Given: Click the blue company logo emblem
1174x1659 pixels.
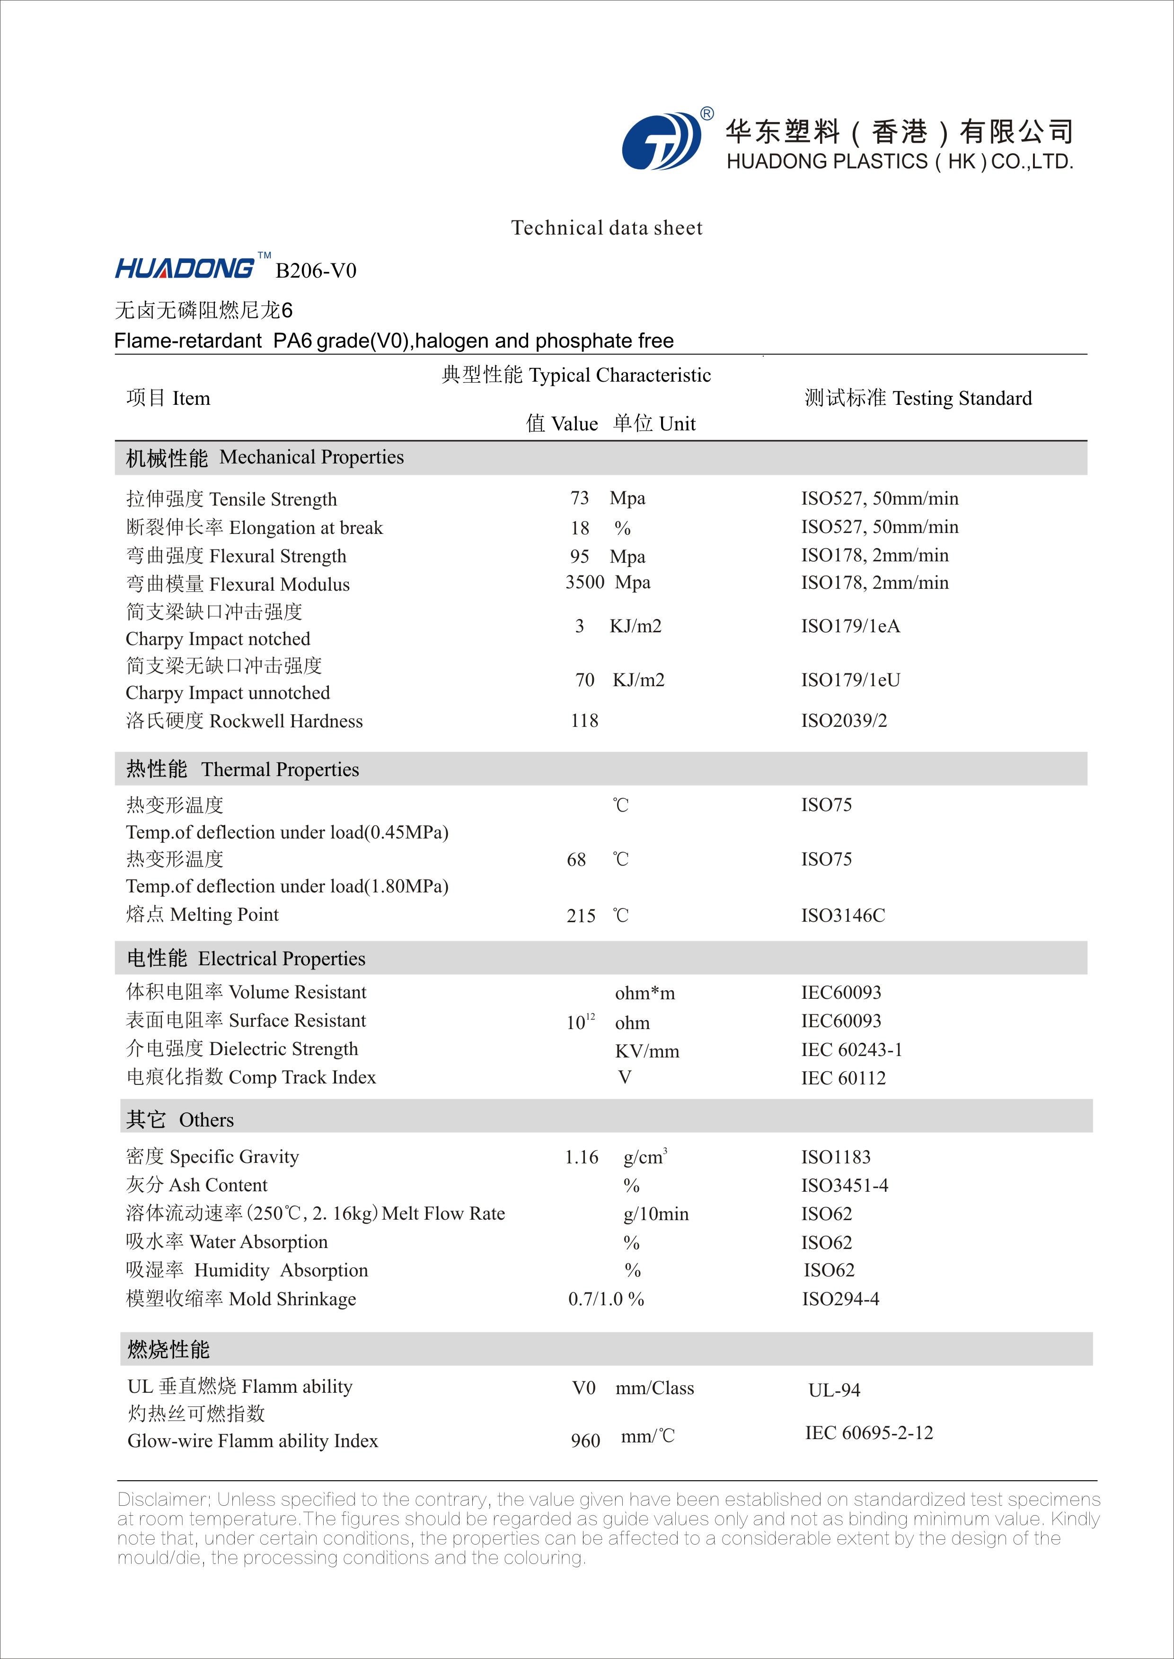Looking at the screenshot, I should (661, 141).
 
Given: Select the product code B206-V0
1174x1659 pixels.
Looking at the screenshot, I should (316, 271).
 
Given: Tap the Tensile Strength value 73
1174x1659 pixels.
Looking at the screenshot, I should (579, 498).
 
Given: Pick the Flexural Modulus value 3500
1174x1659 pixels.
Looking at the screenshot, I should (584, 582).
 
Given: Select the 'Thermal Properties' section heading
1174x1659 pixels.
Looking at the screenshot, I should (280, 769).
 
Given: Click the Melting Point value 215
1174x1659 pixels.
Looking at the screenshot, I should (581, 916).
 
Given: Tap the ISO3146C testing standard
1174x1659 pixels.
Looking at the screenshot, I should (842, 916).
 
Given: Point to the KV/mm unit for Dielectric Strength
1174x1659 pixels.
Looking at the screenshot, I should (647, 1051).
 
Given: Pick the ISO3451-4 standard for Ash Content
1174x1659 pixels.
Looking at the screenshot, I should (844, 1186).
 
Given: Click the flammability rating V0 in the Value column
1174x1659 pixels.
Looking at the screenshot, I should (583, 1388).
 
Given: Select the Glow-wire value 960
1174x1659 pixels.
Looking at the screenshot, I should (585, 1441).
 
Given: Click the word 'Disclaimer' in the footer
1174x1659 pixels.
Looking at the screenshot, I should (163, 1500).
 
